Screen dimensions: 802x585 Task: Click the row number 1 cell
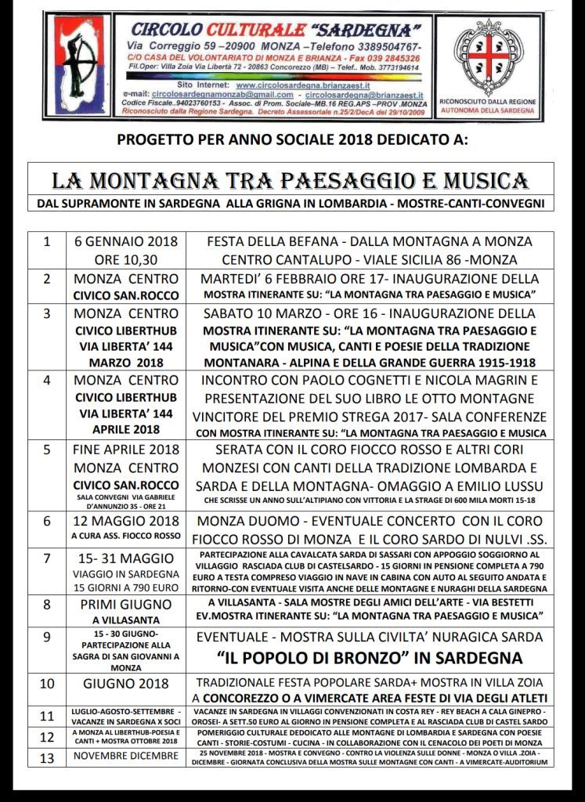point(47,250)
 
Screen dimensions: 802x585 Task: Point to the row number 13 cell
point(47,757)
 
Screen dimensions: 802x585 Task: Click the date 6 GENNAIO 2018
point(126,241)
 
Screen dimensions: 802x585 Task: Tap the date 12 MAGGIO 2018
point(126,521)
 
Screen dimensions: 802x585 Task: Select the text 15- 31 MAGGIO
point(126,558)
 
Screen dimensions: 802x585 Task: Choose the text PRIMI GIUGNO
point(126,604)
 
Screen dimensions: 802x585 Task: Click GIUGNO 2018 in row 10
point(126,683)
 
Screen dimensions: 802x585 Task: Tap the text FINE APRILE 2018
point(126,450)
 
